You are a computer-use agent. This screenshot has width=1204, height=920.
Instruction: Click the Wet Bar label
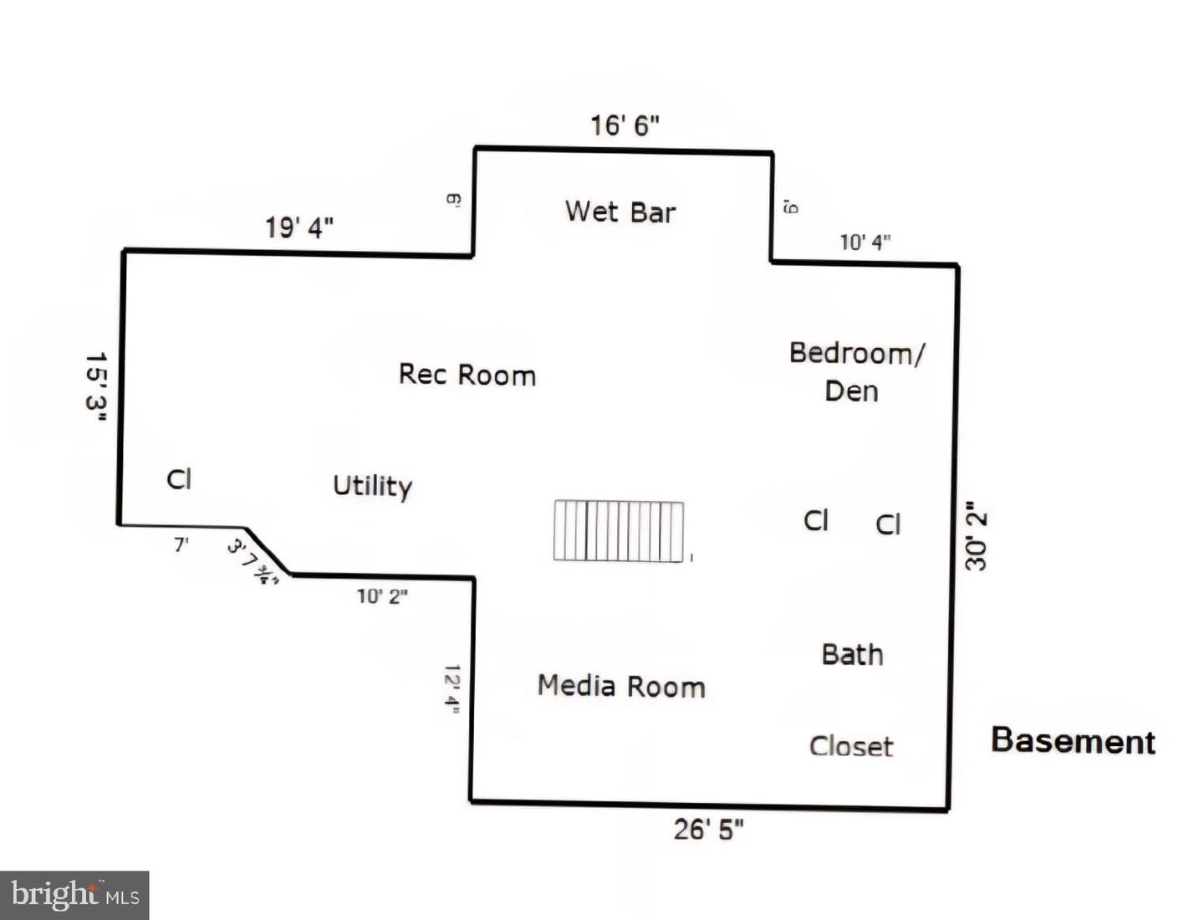[x=620, y=212]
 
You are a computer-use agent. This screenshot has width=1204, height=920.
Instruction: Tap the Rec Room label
[x=467, y=375]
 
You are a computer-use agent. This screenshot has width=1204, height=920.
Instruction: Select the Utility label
[x=372, y=486]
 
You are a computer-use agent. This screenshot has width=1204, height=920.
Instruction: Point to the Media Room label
[x=621, y=687]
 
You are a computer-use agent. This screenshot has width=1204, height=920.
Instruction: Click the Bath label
[x=852, y=654]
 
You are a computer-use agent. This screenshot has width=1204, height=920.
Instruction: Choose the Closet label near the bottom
[x=851, y=746]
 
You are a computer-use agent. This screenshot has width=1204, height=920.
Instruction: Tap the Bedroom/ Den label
[x=856, y=372]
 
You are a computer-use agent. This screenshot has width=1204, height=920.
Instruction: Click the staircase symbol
[x=619, y=531]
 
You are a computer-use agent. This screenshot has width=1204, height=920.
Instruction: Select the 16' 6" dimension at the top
[x=625, y=125]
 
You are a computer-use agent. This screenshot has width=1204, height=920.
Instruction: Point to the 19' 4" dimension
[x=299, y=227]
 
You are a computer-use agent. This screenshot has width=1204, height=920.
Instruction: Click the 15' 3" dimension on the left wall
[x=96, y=386]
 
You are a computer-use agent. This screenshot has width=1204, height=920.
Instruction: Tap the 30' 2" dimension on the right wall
[x=976, y=537]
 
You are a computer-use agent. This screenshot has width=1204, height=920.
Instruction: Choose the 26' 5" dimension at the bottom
[x=708, y=830]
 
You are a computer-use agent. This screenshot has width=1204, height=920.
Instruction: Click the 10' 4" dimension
[x=865, y=243]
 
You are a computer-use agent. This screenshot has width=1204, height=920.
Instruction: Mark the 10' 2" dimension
[x=382, y=596]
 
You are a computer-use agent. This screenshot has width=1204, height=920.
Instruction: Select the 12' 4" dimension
[x=451, y=689]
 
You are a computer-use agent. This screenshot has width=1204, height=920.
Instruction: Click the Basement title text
[x=1073, y=741]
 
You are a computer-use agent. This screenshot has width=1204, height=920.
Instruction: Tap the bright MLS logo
[x=74, y=895]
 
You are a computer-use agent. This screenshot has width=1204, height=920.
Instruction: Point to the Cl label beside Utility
[x=179, y=479]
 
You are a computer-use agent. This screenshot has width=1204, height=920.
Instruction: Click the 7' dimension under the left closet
[x=181, y=544]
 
